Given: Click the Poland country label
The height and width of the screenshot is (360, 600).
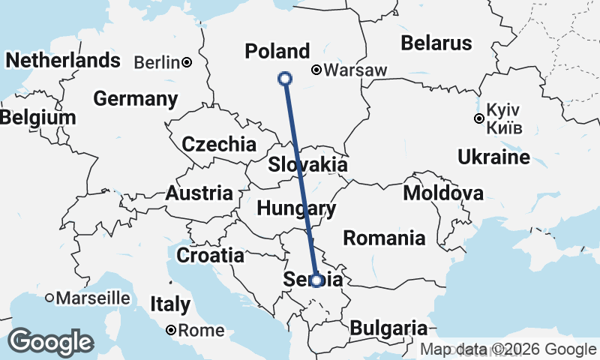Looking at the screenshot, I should [277, 51].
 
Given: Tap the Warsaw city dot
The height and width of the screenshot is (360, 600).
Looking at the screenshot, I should [317, 70].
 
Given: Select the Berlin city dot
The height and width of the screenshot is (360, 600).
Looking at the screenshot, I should [187, 62].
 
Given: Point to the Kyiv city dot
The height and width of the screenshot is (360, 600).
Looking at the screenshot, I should [478, 118].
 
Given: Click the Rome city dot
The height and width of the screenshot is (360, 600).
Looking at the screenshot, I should [172, 330].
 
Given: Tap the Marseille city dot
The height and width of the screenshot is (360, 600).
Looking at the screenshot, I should [49, 298].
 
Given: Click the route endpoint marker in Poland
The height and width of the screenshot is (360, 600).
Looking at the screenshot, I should [285, 78].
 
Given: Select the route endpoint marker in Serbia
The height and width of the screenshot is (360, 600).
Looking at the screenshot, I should [316, 280].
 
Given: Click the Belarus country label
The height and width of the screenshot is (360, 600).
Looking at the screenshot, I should [436, 43].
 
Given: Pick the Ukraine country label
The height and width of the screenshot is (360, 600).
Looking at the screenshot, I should [493, 157].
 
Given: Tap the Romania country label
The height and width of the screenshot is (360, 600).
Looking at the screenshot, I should [384, 238].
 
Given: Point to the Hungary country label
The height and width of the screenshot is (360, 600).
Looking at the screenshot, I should [295, 208].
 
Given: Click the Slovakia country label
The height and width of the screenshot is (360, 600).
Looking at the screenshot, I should [307, 164].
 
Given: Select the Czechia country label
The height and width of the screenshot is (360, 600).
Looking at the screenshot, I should [219, 144].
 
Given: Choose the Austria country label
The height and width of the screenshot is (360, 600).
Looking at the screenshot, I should [199, 193].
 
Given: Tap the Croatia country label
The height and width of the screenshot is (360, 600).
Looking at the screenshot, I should [210, 255].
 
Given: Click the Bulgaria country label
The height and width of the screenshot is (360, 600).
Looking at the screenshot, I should [388, 328].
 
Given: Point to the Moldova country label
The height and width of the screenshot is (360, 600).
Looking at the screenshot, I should [443, 193].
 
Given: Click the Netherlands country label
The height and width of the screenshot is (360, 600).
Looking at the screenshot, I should [63, 59].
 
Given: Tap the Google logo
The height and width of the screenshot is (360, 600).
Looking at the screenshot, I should [51, 342].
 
